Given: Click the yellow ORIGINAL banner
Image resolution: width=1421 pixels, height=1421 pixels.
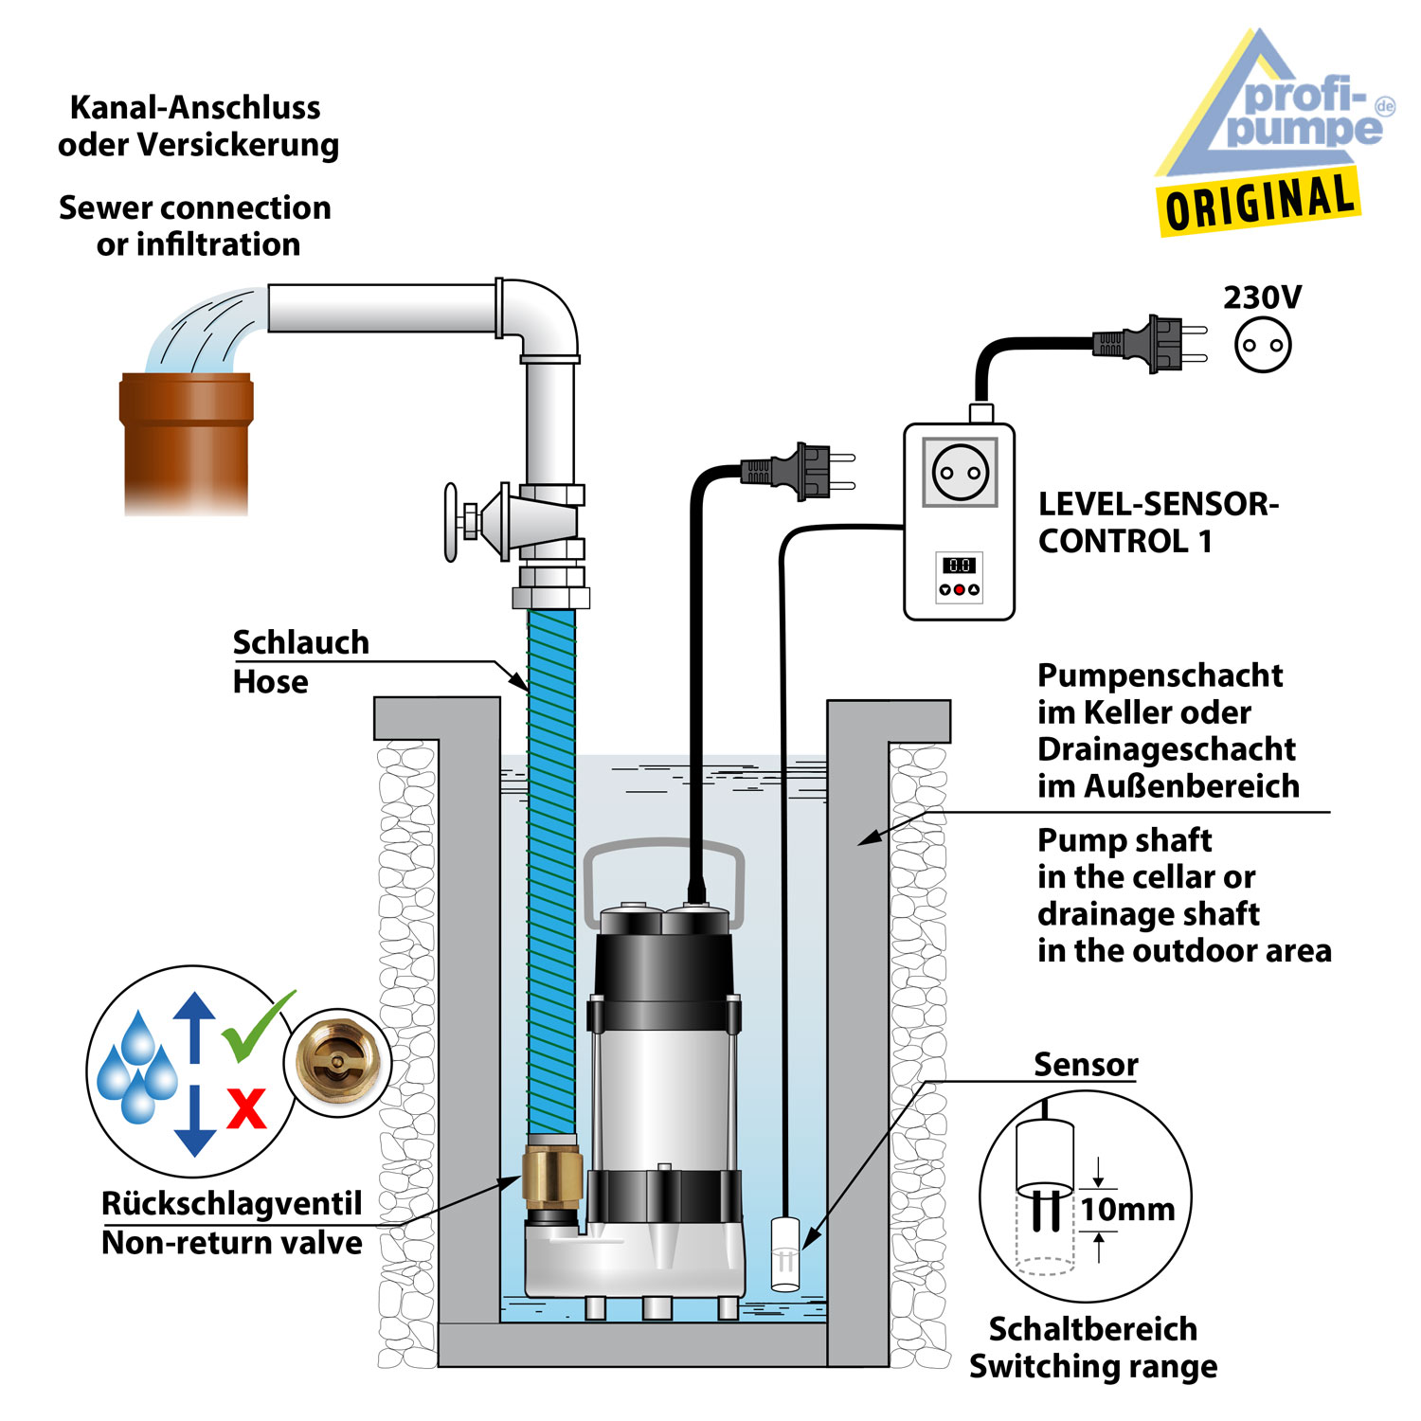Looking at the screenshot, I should (x=1258, y=202).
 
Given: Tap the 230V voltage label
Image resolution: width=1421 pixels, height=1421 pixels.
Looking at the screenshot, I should (x=1262, y=297).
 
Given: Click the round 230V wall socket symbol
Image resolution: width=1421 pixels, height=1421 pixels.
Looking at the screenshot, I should (x=1263, y=345).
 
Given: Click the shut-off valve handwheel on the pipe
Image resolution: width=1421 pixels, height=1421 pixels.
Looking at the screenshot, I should (x=452, y=522).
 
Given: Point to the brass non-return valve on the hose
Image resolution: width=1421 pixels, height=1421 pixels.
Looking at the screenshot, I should (x=549, y=1174).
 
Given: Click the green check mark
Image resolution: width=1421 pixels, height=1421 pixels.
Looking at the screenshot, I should (x=255, y=1027).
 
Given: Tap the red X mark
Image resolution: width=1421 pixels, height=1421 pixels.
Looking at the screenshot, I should (x=246, y=1107).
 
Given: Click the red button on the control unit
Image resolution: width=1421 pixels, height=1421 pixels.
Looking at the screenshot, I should (x=959, y=590).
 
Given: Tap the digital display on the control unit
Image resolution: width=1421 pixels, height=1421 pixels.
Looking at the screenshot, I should (x=959, y=565).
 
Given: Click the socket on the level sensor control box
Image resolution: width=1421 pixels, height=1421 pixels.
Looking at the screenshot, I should (x=960, y=472).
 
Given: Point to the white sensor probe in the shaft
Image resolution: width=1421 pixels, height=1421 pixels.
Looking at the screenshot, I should (x=785, y=1252).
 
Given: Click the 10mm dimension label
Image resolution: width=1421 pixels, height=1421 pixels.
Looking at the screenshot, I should (x=1127, y=1210).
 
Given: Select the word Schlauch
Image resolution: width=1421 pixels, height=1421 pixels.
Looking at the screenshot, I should (x=300, y=642).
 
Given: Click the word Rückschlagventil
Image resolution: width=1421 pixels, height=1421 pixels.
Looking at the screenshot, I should (x=231, y=1203).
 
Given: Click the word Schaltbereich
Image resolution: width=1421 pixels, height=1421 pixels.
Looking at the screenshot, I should (x=1092, y=1329).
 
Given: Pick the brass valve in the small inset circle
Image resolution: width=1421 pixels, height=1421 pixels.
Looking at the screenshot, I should (x=336, y=1062).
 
